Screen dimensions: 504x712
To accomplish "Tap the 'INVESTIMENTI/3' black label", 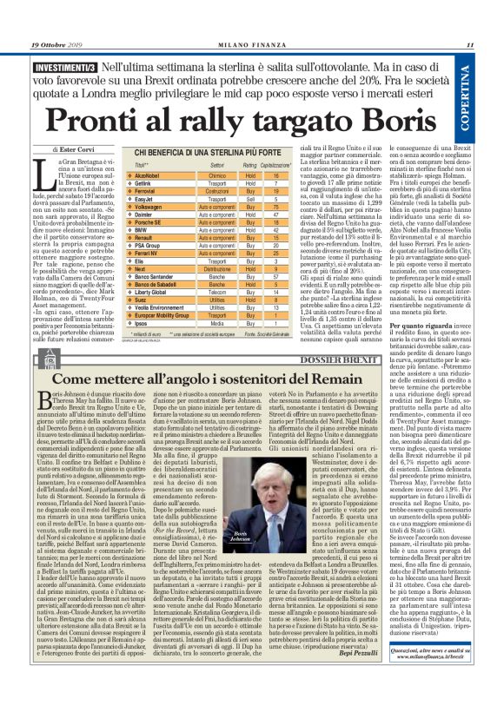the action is click(x=66, y=65).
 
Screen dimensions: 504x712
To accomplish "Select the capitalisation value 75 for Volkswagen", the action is click(x=275, y=208).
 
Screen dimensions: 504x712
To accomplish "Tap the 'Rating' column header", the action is click(x=249, y=164).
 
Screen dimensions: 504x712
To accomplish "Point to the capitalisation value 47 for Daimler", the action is click(x=275, y=215).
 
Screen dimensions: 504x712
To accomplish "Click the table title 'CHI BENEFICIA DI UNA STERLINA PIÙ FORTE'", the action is click(x=209, y=153).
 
